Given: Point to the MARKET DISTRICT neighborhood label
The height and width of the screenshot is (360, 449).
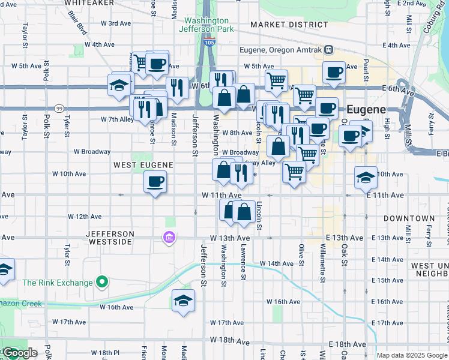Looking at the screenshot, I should (289, 25).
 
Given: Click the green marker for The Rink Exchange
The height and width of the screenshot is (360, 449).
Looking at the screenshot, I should (103, 281).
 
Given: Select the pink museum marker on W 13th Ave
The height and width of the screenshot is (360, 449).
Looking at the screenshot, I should (169, 238).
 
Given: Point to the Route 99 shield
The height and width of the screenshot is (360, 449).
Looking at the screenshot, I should (59, 108).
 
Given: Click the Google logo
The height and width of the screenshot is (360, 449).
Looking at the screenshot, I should (19, 353).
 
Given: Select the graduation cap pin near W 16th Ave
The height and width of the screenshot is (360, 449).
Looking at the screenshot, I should (183, 300).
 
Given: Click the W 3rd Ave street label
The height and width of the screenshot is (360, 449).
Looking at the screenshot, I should (116, 23).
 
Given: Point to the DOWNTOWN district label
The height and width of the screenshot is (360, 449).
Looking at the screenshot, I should (409, 218).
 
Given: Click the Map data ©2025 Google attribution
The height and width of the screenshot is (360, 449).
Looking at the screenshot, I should (412, 355).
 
